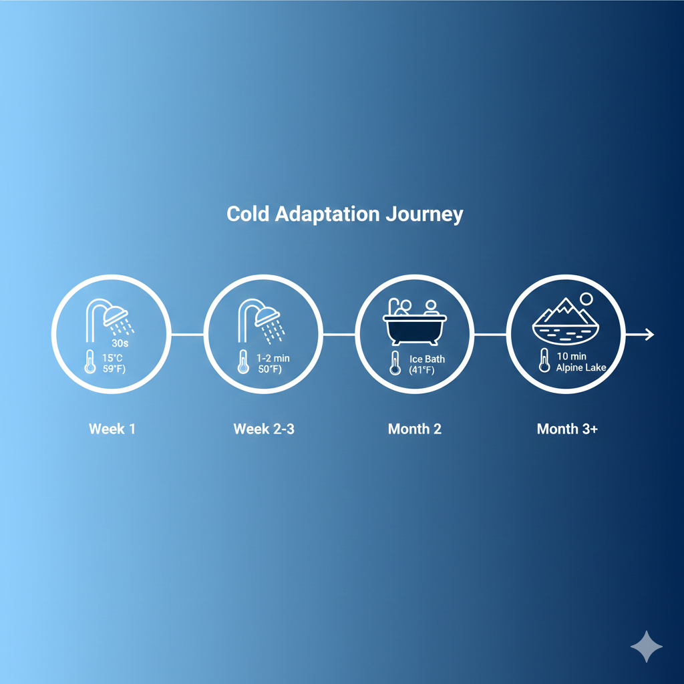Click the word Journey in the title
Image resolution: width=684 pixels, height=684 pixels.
(423, 214)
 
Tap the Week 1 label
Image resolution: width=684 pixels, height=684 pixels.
(112, 429)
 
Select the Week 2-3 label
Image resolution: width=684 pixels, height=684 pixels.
(264, 429)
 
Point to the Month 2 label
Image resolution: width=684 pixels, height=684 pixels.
(415, 429)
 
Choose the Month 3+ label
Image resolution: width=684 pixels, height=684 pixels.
(567, 429)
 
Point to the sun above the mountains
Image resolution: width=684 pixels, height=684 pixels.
(586, 299)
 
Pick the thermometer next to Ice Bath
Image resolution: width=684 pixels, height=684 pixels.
(395, 363)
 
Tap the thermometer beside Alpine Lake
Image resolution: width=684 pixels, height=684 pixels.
(544, 361)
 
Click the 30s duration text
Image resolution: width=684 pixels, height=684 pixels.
(120, 343)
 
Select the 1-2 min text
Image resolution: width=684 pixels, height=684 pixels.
(273, 359)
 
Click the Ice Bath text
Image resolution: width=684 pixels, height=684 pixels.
(427, 359)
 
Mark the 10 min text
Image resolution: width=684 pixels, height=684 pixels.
(571, 356)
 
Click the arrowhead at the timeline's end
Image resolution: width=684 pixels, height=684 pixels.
(649, 334)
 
